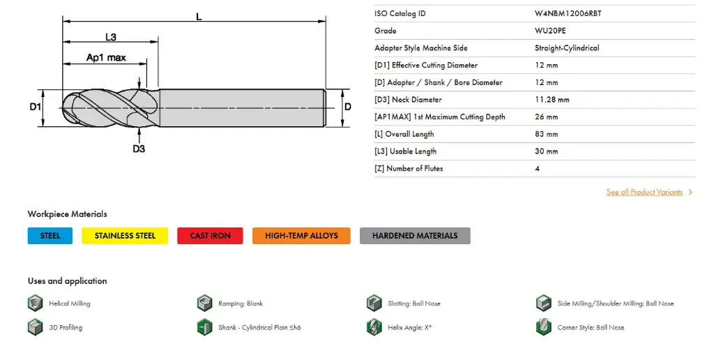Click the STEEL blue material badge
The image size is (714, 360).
point(50,236)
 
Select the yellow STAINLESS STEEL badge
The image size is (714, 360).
point(125,236)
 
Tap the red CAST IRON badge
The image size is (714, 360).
point(210,236)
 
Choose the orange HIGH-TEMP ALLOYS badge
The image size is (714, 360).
point(301,236)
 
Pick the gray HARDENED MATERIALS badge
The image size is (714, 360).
point(415,236)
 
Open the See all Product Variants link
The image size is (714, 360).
point(645,192)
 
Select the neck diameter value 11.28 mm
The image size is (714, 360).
point(552,100)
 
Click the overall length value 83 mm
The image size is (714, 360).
point(547,134)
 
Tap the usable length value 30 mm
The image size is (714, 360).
point(547,151)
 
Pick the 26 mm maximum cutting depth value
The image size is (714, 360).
point(547,117)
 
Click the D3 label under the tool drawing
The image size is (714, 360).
point(139,149)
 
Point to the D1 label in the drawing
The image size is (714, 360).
point(36,107)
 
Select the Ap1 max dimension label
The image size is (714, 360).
point(106,58)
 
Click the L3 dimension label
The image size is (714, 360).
point(110,36)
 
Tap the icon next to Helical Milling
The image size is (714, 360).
point(35,303)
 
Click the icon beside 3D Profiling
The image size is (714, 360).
point(35,327)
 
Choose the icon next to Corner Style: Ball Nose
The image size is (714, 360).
point(544,327)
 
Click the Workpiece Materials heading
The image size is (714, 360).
point(68,214)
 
